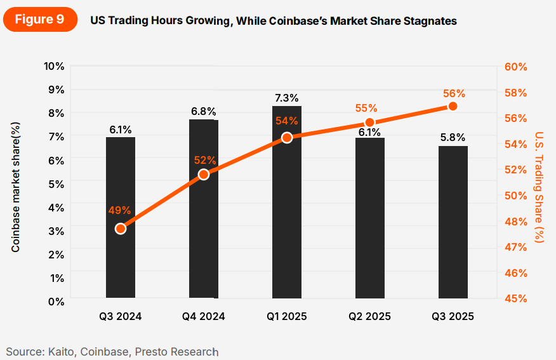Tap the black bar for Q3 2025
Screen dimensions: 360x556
(x=453, y=222)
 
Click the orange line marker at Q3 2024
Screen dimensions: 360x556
(x=121, y=229)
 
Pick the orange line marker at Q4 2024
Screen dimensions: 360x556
(x=204, y=174)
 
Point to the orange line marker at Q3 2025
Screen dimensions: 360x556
(x=453, y=106)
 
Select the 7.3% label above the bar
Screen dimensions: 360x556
(x=287, y=98)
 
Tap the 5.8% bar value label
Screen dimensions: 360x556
(x=453, y=137)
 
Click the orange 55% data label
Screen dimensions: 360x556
(x=366, y=108)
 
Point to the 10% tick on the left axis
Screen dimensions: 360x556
(x=54, y=66)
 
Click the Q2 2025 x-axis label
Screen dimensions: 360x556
(x=369, y=316)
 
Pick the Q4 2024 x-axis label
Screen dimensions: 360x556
(x=203, y=316)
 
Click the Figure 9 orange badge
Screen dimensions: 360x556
(x=39, y=19)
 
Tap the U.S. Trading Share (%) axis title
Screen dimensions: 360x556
(x=538, y=187)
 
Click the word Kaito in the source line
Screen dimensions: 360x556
(x=60, y=351)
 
